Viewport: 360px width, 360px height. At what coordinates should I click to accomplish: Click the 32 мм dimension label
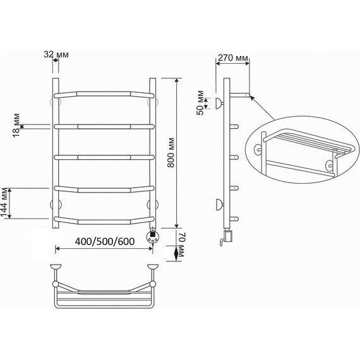tap(56, 55)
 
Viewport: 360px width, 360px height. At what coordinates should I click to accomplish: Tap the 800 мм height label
tap(171, 153)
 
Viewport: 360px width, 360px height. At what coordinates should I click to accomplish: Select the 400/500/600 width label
tap(105, 241)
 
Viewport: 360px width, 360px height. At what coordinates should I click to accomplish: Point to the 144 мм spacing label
tap(4, 203)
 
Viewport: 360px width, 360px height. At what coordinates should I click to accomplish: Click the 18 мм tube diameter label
tap(16, 125)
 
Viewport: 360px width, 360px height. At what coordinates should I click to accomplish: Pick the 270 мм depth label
tap(233, 57)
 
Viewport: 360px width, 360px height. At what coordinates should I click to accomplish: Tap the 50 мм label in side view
tap(200, 102)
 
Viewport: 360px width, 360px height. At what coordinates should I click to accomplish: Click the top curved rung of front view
tap(104, 94)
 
